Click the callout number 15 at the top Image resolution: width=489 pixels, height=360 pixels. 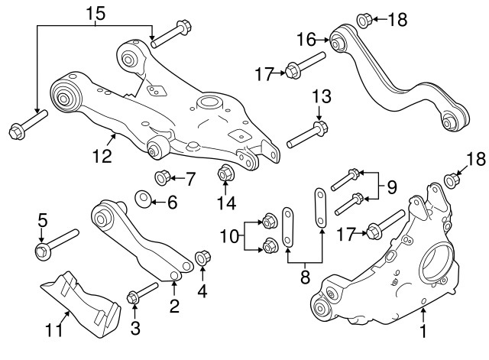coord(96,13)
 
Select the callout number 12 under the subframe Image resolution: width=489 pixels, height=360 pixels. coord(102,156)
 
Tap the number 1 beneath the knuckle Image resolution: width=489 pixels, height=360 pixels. coord(423,332)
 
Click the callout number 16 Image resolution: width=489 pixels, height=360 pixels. coord(306,37)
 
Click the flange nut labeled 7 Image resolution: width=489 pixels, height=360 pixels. coord(162,179)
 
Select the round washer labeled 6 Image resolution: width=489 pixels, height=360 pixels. coord(142,201)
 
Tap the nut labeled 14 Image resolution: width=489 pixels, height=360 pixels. coord(225,174)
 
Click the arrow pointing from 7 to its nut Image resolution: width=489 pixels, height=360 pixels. coord(178,179)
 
